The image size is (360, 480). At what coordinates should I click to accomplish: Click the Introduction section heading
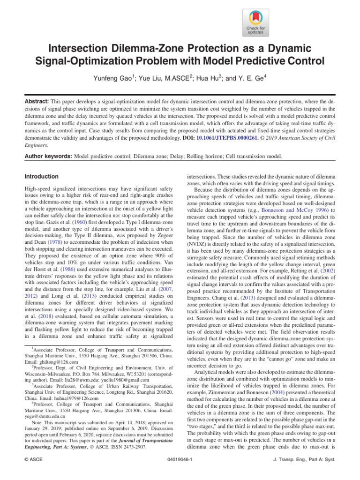(x=41, y=177)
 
